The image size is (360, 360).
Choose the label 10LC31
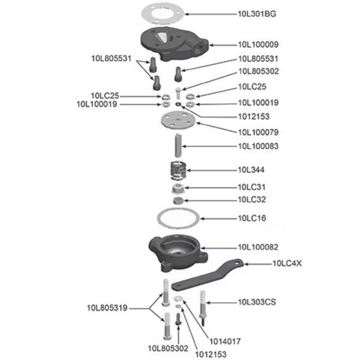click(x=252, y=187)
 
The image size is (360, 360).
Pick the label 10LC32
click(x=252, y=199)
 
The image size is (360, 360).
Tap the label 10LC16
click(x=252, y=218)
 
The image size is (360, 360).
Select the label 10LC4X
click(x=288, y=262)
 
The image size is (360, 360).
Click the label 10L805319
click(x=106, y=308)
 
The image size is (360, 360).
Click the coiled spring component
click(x=176, y=170)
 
